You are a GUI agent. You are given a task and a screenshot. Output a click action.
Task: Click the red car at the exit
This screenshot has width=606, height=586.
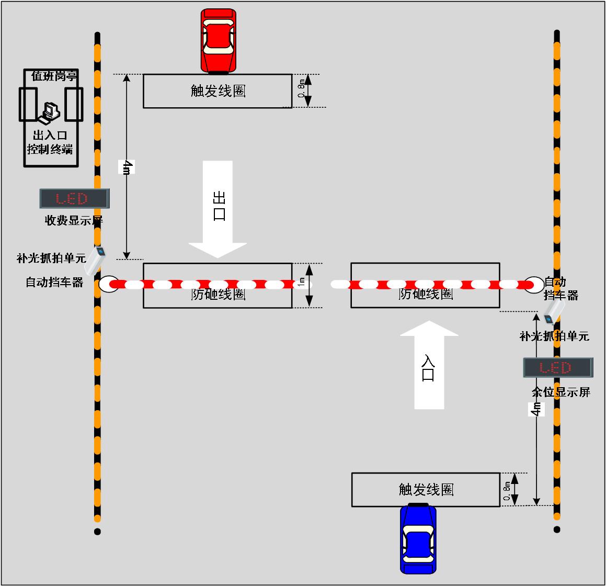(x=218, y=40)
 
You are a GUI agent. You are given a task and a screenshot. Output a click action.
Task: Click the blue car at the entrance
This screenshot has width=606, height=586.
(x=418, y=538)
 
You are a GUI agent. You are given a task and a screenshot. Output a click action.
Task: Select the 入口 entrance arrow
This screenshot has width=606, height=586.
(x=429, y=364)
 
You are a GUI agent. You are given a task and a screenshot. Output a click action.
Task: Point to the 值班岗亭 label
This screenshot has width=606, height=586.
(x=54, y=76)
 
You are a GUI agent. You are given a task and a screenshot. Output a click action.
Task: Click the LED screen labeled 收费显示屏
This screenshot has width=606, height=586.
(x=74, y=198)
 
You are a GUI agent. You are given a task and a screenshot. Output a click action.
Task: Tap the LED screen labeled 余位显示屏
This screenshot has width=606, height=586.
(x=558, y=367)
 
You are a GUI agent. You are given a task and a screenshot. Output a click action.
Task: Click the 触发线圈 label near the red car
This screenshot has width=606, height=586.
(x=218, y=92)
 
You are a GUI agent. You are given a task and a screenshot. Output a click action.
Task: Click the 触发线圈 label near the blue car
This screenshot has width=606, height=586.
(x=426, y=490)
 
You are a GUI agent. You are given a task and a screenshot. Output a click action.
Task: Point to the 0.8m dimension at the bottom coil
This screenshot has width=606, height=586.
(x=507, y=491)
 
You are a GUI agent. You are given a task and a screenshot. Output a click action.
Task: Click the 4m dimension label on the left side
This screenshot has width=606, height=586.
(x=127, y=167)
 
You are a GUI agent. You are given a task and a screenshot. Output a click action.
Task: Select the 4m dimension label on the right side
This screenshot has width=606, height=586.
(x=536, y=409)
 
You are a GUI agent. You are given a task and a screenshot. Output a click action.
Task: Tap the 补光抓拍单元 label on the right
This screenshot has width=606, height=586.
(x=554, y=336)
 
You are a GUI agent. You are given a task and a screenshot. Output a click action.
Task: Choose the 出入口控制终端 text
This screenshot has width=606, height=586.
(x=50, y=142)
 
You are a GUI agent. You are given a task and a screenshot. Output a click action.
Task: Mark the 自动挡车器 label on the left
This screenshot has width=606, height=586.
(x=55, y=283)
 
